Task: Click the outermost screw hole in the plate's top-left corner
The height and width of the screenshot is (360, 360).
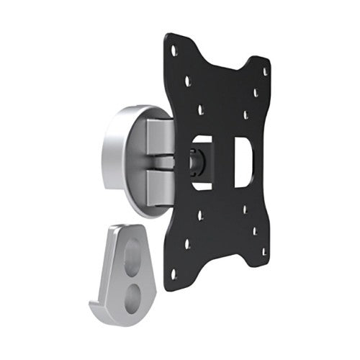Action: click(174, 50)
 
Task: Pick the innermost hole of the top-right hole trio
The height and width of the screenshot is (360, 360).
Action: click(246, 114)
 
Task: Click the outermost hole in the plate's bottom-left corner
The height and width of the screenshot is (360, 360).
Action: click(174, 274)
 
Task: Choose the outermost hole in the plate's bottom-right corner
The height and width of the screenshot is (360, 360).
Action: click(264, 251)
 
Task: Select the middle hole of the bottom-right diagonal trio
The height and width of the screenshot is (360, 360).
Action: click(255, 230)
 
